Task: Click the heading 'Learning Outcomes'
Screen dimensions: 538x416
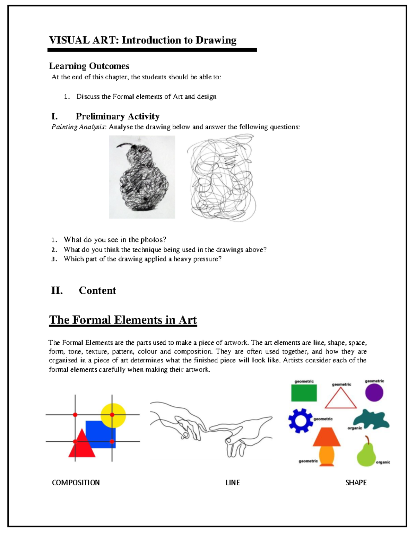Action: point(89,66)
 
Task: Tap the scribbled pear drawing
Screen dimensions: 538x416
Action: point(142,180)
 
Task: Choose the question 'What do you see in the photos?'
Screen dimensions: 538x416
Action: point(115,240)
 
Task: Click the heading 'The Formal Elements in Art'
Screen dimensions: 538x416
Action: point(123,320)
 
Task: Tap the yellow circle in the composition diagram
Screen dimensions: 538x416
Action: point(113,412)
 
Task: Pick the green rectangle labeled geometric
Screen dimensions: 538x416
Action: point(304,393)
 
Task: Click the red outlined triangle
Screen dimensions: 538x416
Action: point(340,399)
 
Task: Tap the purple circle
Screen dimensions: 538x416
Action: point(374,393)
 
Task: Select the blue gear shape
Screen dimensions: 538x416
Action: point(300,421)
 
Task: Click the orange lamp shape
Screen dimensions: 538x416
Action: point(327,445)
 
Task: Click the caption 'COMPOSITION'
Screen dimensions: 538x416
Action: point(76,483)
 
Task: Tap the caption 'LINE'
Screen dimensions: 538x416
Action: point(233,483)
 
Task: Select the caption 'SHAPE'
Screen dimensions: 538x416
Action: point(356,483)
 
